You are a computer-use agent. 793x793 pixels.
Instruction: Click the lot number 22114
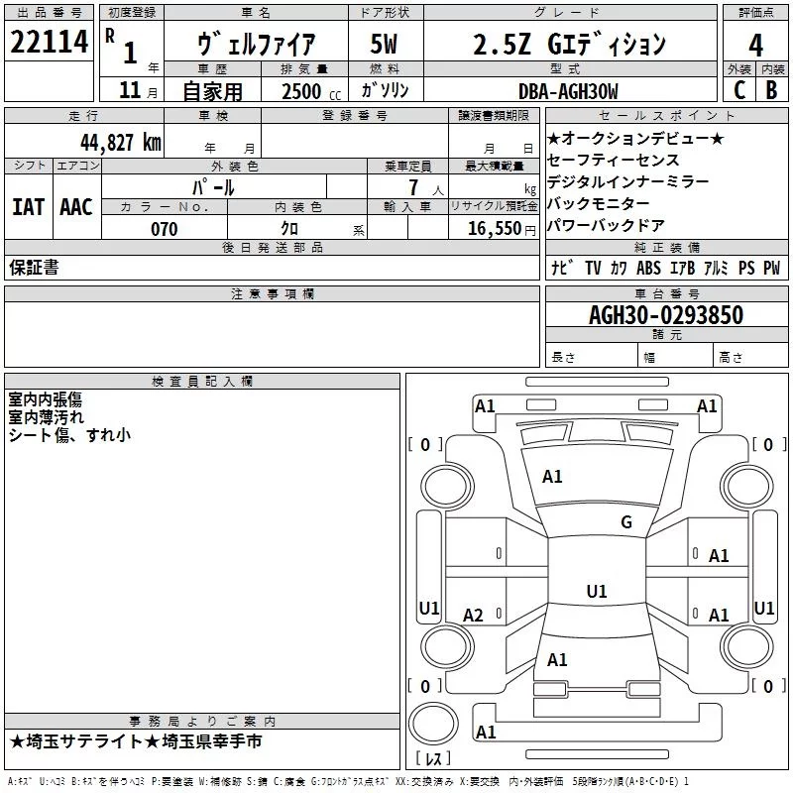[49, 42]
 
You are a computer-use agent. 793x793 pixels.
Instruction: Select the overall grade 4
[755, 46]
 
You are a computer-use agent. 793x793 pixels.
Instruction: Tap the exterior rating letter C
[739, 90]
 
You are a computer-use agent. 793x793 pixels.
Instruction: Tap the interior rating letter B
[772, 90]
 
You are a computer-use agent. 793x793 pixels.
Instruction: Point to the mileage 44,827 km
[120, 143]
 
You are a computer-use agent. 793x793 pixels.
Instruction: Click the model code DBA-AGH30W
[568, 91]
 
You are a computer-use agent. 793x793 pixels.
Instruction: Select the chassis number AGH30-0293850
[666, 314]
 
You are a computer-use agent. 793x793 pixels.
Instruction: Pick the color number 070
[165, 229]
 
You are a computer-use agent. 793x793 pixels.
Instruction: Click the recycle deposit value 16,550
[495, 229]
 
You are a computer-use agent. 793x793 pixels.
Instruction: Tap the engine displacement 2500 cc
[311, 91]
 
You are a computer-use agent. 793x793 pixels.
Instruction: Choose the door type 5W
[384, 44]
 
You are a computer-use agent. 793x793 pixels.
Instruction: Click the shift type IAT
[29, 207]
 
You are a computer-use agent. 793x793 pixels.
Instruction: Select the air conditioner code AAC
[76, 207]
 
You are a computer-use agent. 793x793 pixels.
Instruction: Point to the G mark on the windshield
[626, 521]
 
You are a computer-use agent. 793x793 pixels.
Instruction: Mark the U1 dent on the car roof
[597, 591]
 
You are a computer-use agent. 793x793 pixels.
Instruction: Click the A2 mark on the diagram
[473, 615]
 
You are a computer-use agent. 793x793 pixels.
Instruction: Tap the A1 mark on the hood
[552, 477]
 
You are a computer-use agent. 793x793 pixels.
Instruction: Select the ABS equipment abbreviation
[648, 268]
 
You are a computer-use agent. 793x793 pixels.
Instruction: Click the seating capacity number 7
[413, 187]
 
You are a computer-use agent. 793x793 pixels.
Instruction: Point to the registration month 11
[130, 90]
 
